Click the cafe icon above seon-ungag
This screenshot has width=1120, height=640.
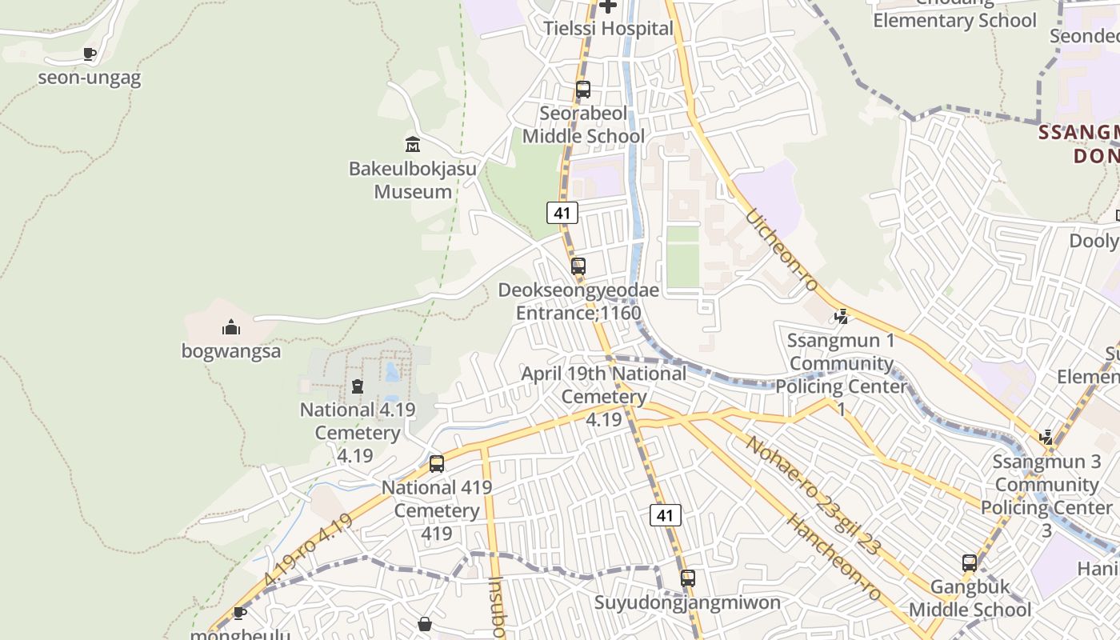point(90,54)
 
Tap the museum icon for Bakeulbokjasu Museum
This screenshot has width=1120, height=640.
point(413,145)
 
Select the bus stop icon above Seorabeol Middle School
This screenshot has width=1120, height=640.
point(583,90)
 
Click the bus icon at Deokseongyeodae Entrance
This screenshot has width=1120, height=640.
point(578,266)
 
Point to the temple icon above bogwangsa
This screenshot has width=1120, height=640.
point(231,327)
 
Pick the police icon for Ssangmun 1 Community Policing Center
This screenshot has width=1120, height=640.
point(841,317)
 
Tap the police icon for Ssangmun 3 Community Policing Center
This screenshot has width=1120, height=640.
point(1046,438)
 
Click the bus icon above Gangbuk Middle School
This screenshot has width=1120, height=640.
point(970,563)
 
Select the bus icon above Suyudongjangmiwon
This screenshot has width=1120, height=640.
point(688,578)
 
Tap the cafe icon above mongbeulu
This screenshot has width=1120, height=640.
point(238,613)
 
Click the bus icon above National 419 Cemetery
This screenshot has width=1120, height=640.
point(437,464)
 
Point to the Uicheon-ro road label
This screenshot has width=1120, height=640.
point(782,250)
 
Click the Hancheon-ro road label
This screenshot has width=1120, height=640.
point(834,558)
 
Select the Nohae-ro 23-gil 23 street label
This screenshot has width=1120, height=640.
point(813,496)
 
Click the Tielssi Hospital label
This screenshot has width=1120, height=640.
point(608,29)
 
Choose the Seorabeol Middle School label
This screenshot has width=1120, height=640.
point(583,125)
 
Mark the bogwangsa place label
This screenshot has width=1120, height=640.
point(231,351)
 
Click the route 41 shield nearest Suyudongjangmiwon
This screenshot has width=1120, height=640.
point(665,515)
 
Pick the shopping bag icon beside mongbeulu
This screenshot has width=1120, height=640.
point(425,623)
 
